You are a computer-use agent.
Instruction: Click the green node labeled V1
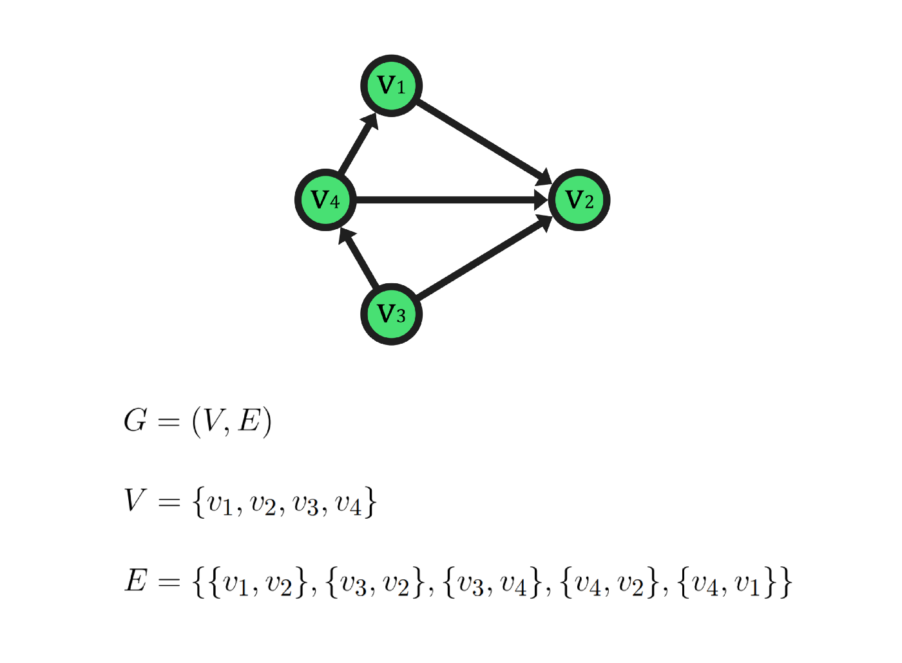coord(391,86)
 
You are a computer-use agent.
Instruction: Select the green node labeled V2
coord(579,200)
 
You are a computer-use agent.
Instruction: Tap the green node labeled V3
coord(391,315)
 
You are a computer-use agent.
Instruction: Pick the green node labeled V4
coord(325,200)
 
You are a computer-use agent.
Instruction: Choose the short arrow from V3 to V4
coord(359,258)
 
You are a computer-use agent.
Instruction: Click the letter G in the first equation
coord(135,421)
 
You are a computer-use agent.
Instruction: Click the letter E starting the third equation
coord(136,581)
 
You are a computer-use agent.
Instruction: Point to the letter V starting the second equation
coord(135,500)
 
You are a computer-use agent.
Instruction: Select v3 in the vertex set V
coord(305,504)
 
